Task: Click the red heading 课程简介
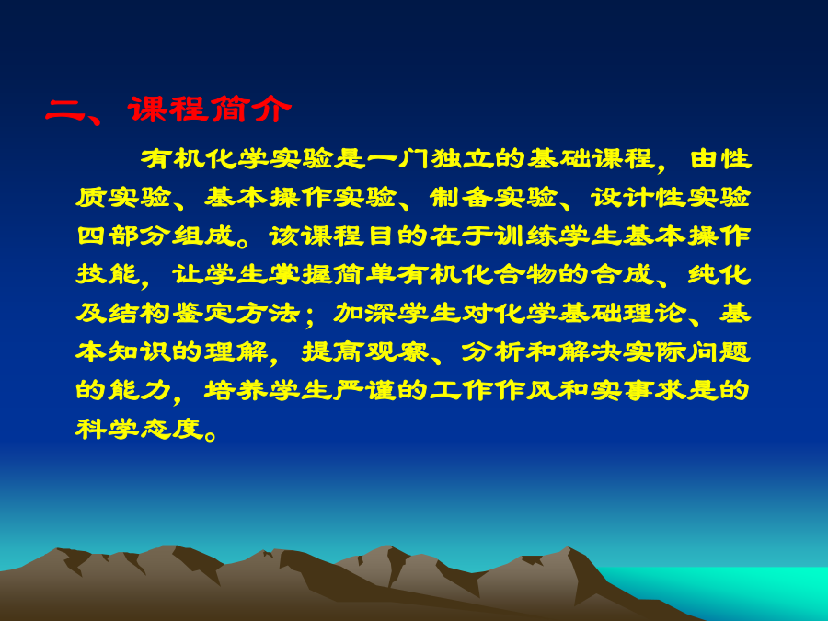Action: pyautogui.click(x=210, y=109)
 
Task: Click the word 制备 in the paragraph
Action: pyautogui.click(x=462, y=197)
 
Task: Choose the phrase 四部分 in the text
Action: pyautogui.click(x=123, y=236)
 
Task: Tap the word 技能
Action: pyautogui.click(x=108, y=274)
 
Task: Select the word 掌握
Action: pyautogui.click(x=301, y=274)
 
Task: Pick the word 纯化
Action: pyautogui.click(x=719, y=274)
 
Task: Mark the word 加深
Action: pyautogui.click(x=365, y=313)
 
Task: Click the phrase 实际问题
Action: pyautogui.click(x=686, y=351)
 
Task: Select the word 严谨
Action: pyautogui.click(x=365, y=390)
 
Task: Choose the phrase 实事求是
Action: pyautogui.click(x=654, y=390)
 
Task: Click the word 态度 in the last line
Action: pyautogui.click(x=172, y=428)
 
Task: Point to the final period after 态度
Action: pyautogui.click(x=211, y=435)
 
